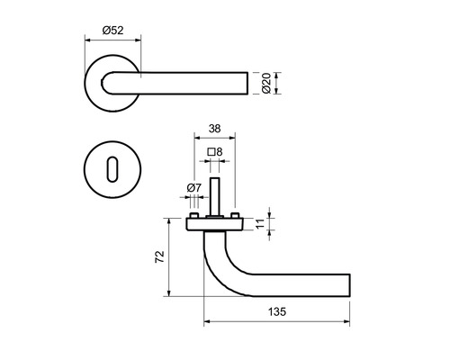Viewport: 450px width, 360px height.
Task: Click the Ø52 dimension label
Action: coord(112,31)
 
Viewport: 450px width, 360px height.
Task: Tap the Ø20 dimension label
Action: coord(266,83)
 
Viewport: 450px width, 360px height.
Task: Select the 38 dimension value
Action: coord(215,129)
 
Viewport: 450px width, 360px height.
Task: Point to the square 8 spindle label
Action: coord(215,152)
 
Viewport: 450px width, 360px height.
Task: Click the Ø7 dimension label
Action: coord(193,188)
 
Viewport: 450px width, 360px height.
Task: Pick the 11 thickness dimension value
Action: coord(260,223)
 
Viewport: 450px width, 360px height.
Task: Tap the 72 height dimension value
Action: coord(159,256)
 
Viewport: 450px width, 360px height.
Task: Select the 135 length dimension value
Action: coord(277,312)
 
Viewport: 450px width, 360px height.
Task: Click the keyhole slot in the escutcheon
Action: coord(112,169)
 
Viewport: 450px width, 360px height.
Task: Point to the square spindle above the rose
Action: coord(215,196)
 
